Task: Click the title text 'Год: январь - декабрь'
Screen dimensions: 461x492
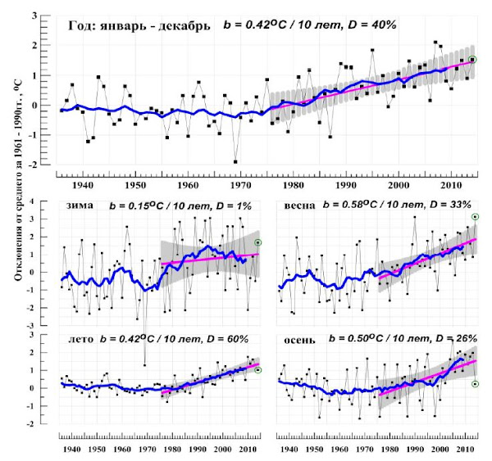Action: [140, 26]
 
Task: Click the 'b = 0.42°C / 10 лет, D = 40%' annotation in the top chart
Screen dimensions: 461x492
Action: [310, 25]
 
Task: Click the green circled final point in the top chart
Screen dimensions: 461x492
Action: [472, 59]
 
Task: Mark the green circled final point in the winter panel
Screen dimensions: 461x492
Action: [257, 242]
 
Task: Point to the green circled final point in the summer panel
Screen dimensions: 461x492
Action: [257, 370]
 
